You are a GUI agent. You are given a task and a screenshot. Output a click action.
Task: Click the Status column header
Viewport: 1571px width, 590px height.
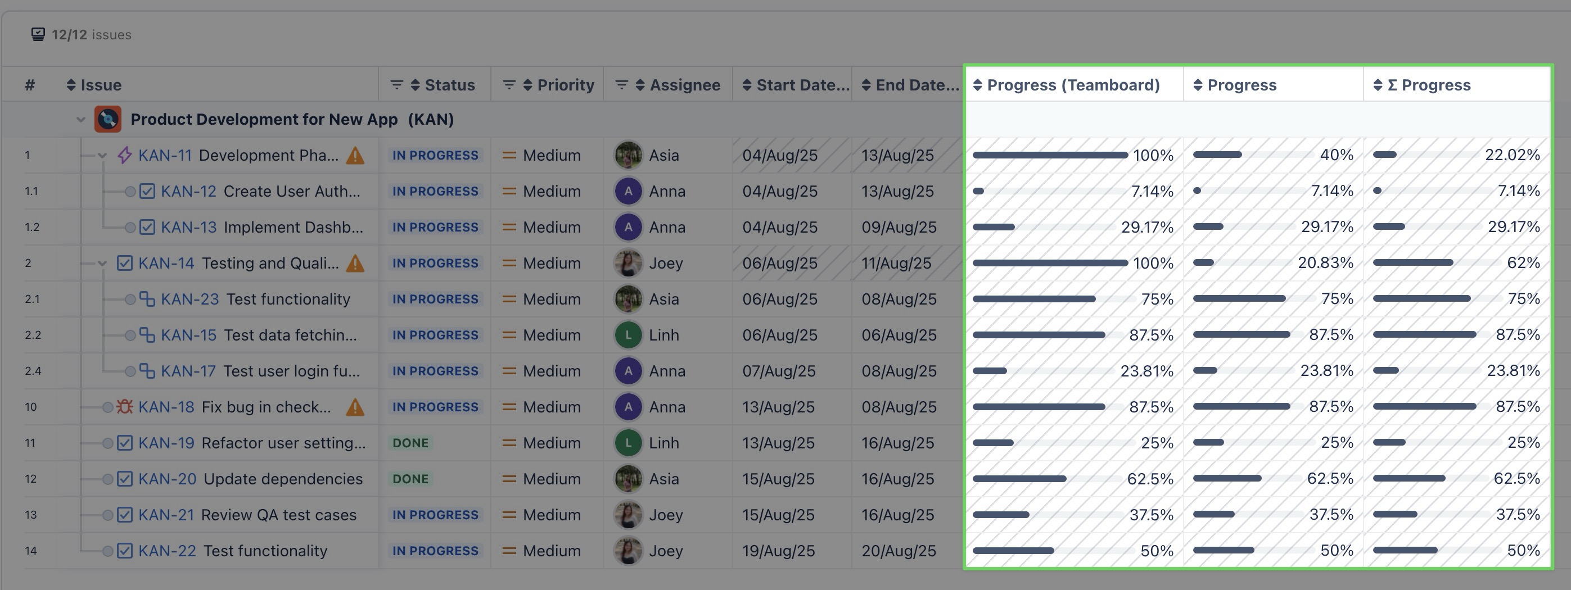tap(449, 85)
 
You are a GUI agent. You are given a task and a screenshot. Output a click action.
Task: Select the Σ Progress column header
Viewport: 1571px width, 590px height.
tap(1435, 85)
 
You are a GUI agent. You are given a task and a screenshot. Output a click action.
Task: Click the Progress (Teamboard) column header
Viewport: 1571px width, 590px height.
tap(1073, 85)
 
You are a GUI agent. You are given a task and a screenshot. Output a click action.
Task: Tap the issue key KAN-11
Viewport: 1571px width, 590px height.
tap(165, 156)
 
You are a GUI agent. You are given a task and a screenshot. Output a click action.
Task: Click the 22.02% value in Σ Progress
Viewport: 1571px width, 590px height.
tap(1512, 155)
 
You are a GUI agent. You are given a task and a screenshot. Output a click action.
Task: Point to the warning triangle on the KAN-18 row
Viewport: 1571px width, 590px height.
tap(355, 407)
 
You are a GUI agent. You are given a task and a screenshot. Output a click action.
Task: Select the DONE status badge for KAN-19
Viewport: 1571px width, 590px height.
tap(410, 443)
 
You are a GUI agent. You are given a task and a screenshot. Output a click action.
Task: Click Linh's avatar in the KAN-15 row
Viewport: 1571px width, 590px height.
tap(628, 335)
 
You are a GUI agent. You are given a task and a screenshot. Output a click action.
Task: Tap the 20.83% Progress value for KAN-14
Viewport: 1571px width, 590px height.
tap(1325, 263)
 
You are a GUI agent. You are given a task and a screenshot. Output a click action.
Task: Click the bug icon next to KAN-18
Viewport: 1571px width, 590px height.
tap(124, 407)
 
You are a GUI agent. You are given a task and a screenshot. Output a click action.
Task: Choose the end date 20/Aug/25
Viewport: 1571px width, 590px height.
tap(899, 551)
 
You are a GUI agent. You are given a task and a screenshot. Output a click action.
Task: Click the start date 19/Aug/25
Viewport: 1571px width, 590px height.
tap(778, 551)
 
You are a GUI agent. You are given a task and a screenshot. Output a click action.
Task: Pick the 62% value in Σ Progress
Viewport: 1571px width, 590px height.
tap(1523, 263)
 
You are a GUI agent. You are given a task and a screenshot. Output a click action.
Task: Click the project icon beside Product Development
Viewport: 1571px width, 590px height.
tap(108, 120)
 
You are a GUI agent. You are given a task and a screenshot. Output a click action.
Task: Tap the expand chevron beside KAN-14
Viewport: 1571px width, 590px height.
tap(102, 264)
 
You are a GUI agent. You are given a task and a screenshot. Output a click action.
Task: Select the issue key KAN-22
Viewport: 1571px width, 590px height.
tap(167, 551)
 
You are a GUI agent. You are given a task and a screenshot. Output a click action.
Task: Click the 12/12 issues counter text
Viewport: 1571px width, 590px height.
tap(92, 35)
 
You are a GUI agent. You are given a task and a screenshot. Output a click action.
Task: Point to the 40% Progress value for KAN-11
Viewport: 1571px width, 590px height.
tap(1336, 155)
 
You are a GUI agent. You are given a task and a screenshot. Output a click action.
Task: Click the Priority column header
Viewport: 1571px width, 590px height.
tap(565, 85)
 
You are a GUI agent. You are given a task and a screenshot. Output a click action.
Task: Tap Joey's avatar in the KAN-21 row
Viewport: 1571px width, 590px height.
tap(628, 515)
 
